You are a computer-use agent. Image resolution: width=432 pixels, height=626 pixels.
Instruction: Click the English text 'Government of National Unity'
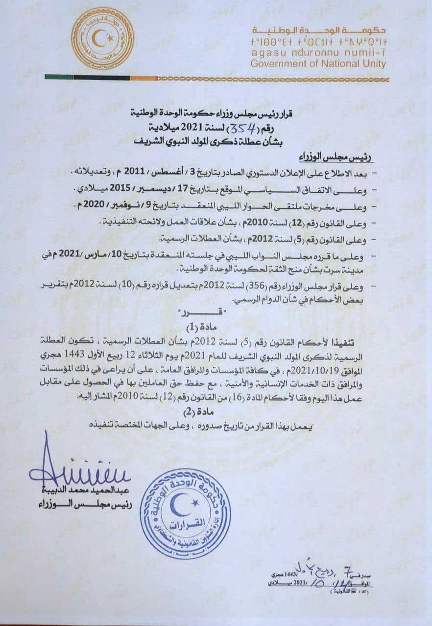pos(318,64)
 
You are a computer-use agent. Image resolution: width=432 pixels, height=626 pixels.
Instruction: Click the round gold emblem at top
pos(102,38)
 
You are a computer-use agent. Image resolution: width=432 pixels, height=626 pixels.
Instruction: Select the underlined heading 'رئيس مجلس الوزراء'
pos(341,157)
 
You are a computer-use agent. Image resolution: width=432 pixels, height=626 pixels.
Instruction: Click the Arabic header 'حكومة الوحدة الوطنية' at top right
pos(319,30)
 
